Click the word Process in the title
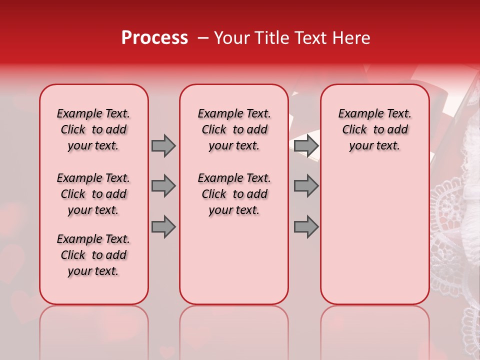coord(154,38)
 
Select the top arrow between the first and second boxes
coord(163,145)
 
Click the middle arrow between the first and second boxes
coord(163,186)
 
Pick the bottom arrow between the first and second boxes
coord(163,227)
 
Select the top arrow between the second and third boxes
coord(306,145)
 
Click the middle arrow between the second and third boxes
coord(306,186)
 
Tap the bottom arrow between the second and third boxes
coord(306,227)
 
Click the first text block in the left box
coord(93,129)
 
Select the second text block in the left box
coord(93,194)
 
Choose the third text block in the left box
coord(93,255)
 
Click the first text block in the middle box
coord(234,129)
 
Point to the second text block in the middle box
coord(234,194)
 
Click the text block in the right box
coord(374,129)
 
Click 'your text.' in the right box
coord(374,146)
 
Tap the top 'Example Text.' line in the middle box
coord(234,113)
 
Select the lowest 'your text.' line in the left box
coord(93,271)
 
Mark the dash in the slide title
coord(202,38)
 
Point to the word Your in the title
coord(231,38)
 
